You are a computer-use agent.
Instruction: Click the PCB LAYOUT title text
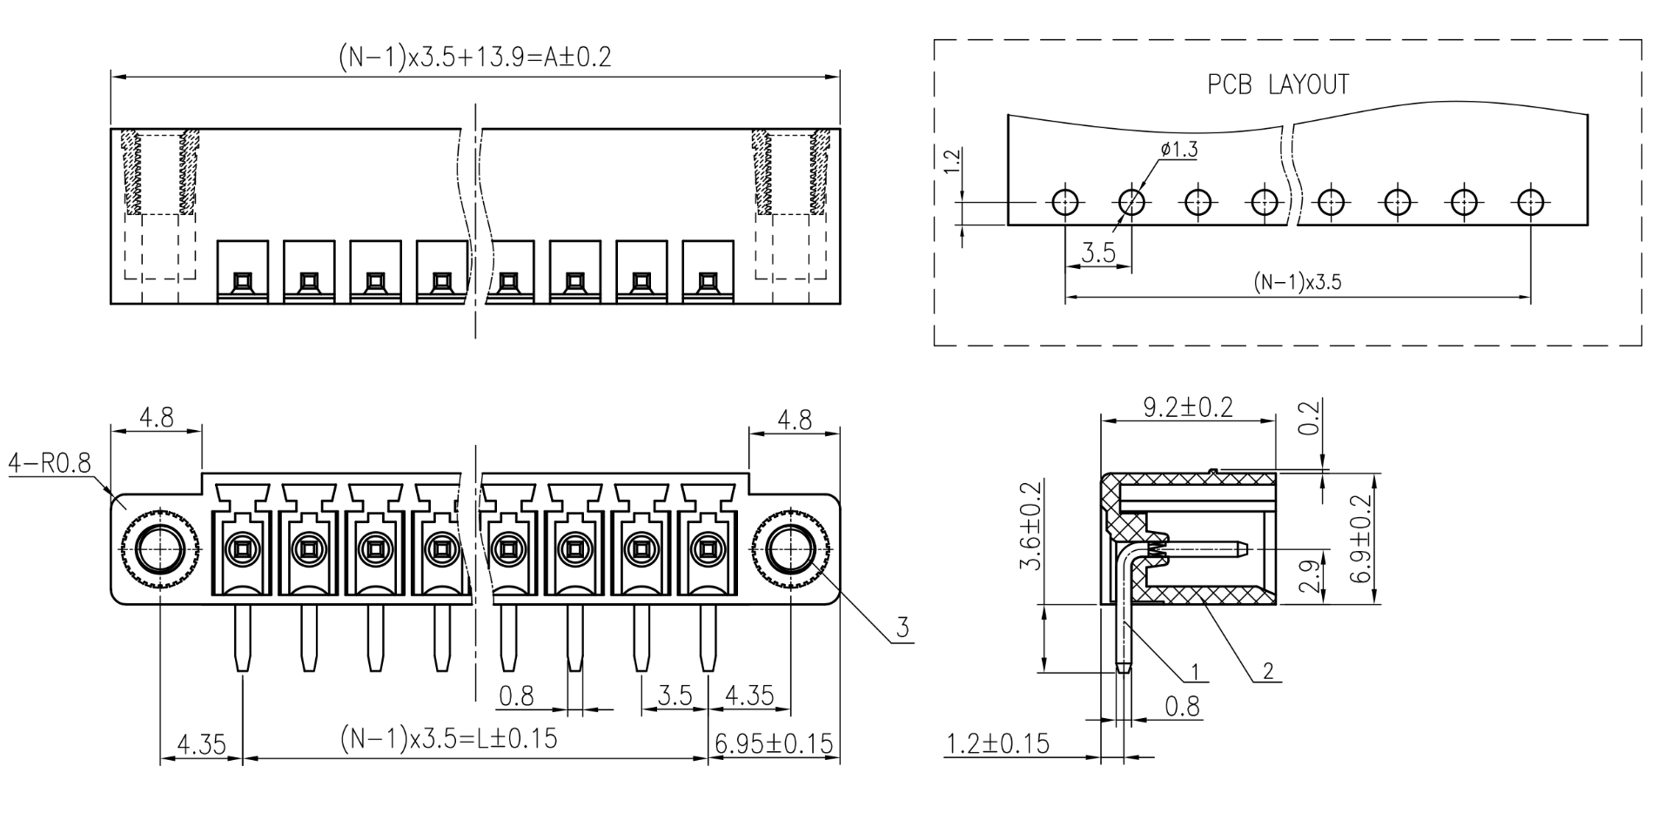pyautogui.click(x=1278, y=84)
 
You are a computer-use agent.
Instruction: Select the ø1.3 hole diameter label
pyautogui.click(x=1179, y=150)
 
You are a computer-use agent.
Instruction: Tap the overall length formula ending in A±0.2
pyautogui.click(x=474, y=57)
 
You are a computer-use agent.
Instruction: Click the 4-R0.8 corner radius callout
pyautogui.click(x=50, y=463)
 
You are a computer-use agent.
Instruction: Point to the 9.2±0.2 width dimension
pyautogui.click(x=1188, y=407)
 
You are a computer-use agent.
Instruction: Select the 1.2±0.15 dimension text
pyautogui.click(x=997, y=744)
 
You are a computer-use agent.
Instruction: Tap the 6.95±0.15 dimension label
pyautogui.click(x=774, y=744)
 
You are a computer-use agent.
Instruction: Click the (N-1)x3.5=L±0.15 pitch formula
pyautogui.click(x=448, y=738)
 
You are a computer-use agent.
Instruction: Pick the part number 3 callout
pyautogui.click(x=903, y=628)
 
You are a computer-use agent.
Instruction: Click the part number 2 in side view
pyautogui.click(x=1268, y=671)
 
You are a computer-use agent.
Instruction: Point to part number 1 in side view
pyautogui.click(x=1195, y=671)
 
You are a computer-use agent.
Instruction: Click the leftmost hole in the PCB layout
pyautogui.click(x=1065, y=203)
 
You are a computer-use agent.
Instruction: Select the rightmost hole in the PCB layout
pyautogui.click(x=1530, y=203)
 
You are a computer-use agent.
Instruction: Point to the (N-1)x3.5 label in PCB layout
pyautogui.click(x=1298, y=282)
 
